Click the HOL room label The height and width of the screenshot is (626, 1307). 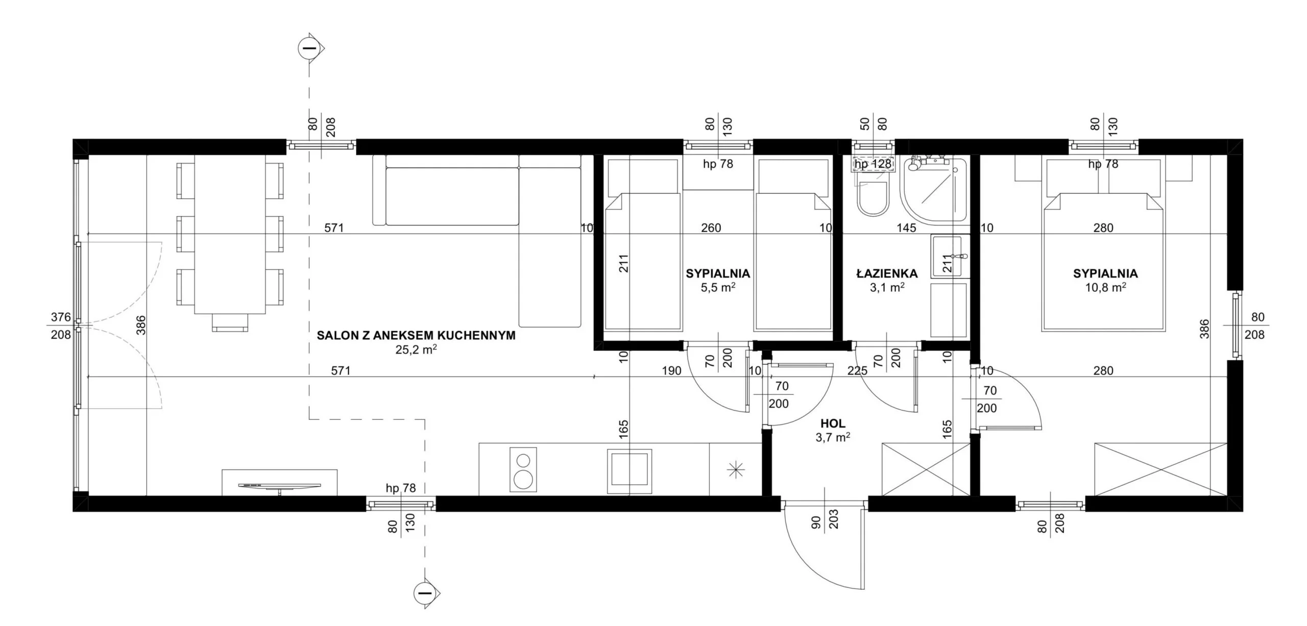[833, 423]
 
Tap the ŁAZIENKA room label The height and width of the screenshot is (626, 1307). [887, 274]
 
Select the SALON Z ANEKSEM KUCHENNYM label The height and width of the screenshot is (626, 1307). [416, 335]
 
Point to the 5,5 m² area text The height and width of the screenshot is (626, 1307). [718, 287]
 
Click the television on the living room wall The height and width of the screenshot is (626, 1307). [279, 487]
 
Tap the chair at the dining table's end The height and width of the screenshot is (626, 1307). [230, 322]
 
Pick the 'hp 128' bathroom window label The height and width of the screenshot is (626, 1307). [873, 164]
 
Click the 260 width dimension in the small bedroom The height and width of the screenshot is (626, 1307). [711, 228]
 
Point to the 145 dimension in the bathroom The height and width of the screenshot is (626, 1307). [906, 228]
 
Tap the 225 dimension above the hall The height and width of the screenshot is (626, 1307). [857, 371]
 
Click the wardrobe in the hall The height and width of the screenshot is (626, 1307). [926, 469]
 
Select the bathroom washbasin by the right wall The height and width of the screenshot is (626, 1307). [950, 256]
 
